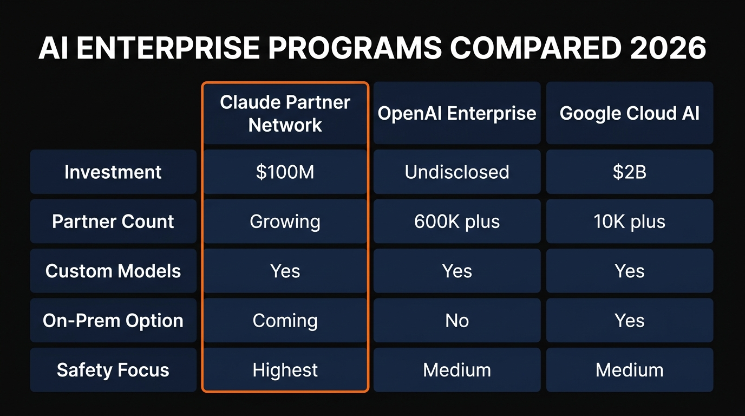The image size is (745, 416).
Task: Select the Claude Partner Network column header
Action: [x=285, y=114]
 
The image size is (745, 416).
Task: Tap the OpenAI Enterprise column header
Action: [x=457, y=113]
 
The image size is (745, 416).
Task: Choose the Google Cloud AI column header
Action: [x=629, y=113]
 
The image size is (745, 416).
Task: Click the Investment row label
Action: [x=113, y=172]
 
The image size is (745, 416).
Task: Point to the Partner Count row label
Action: [x=113, y=222]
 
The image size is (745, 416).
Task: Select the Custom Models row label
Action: [x=113, y=271]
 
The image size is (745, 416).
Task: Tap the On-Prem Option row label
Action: [x=113, y=321]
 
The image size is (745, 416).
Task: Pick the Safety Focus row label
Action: [x=113, y=370]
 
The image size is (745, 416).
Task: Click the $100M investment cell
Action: [x=285, y=172]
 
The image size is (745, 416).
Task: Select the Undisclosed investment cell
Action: [x=457, y=172]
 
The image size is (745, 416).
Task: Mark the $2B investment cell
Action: [x=629, y=172]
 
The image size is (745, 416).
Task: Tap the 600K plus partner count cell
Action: [x=457, y=222]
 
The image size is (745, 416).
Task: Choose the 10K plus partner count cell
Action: [x=629, y=222]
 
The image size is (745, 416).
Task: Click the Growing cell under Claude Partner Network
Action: [x=285, y=222]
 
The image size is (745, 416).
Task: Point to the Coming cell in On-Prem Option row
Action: [x=285, y=321]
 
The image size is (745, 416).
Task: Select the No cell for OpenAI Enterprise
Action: [x=457, y=321]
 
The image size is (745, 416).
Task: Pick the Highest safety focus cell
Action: [x=285, y=370]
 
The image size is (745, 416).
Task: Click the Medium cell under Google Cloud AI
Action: [x=629, y=370]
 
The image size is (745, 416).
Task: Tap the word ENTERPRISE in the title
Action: [x=168, y=48]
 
